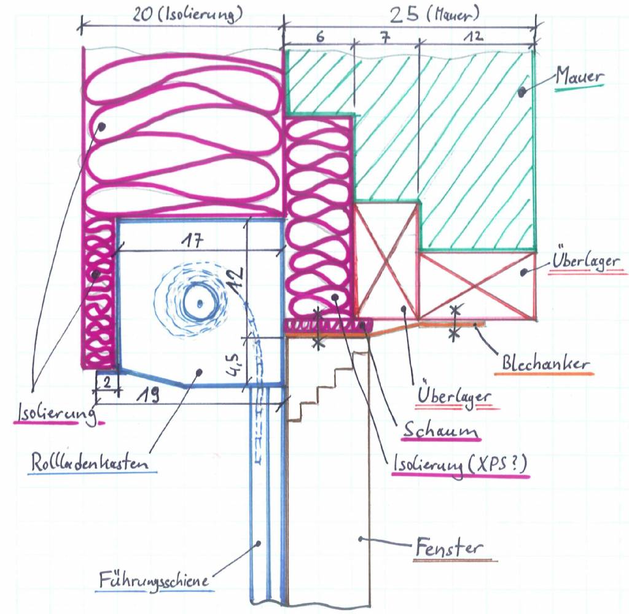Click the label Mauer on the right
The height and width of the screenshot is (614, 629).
tap(579, 76)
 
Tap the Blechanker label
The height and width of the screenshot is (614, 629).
tap(545, 363)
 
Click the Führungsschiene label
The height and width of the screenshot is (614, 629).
tap(154, 580)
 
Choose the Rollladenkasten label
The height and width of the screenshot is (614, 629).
tap(90, 462)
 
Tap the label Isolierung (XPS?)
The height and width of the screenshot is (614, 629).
tap(459, 464)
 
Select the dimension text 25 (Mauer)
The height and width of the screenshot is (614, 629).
tap(434, 15)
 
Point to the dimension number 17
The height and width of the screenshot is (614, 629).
tap(192, 241)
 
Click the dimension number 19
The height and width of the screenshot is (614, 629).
tap(147, 396)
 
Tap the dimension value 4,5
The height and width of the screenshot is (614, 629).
tap(237, 365)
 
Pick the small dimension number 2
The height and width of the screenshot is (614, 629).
tap(107, 382)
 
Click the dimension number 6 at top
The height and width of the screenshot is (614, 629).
tap(319, 37)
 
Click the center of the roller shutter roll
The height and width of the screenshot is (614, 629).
tap(200, 303)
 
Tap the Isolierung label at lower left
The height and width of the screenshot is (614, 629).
tap(55, 413)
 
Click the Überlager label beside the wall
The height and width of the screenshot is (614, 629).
tap(585, 261)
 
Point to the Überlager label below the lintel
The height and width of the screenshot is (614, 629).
tap(454, 395)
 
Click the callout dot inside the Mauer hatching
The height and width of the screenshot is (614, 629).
tap(522, 92)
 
